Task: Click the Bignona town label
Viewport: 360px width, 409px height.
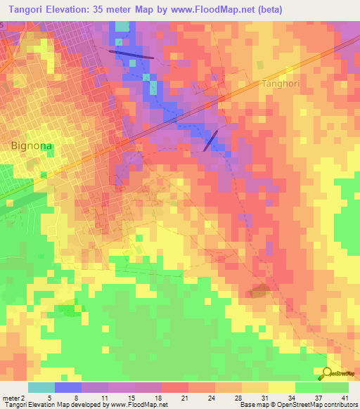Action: (32, 146)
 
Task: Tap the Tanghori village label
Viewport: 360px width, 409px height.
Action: (281, 84)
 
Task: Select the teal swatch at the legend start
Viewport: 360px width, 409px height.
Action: (41, 387)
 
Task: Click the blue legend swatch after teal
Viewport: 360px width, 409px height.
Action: (68, 387)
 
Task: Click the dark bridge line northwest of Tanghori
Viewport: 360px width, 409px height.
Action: (131, 53)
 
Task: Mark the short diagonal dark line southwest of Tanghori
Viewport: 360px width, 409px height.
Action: (210, 140)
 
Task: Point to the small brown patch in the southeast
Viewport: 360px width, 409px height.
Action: (259, 291)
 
